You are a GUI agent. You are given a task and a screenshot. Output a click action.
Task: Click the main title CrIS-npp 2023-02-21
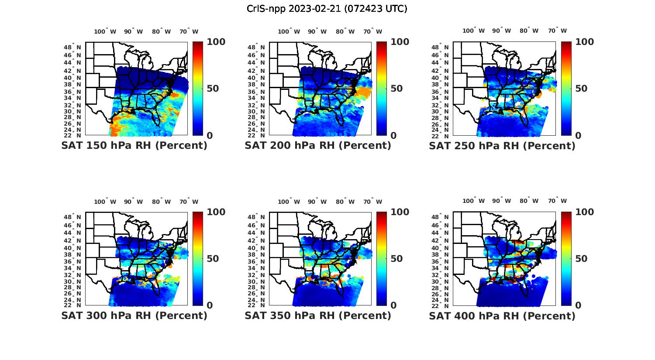point(327,9)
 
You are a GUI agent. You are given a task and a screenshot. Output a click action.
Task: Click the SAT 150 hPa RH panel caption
point(134,146)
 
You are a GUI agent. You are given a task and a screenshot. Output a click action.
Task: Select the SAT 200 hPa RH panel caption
point(318,146)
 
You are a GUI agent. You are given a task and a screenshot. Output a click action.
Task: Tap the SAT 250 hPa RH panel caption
point(502,146)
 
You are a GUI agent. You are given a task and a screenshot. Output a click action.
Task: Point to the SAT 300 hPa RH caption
point(134,315)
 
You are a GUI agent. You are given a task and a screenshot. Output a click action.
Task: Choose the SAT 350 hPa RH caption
point(318,315)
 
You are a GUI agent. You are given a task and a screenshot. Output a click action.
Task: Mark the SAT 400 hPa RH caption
point(502,315)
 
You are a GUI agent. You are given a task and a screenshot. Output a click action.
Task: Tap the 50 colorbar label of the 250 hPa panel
point(581,89)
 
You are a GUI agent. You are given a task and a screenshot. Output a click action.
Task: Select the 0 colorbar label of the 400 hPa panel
point(578,305)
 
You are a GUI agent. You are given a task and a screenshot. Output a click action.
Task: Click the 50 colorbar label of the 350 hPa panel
point(396,259)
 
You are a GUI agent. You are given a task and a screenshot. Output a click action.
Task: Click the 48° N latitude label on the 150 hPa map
point(72,47)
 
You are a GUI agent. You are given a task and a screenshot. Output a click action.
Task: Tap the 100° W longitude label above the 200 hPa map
point(289,31)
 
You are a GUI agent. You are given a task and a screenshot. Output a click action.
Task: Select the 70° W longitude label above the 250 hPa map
point(557,31)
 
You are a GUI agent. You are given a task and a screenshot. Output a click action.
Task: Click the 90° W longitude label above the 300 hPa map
point(133,202)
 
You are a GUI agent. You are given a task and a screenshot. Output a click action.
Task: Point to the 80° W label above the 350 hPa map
point(345,202)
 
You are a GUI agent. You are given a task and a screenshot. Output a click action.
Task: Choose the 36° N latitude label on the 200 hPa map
point(256,92)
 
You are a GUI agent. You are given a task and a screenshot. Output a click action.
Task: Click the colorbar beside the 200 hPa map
point(382,89)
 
